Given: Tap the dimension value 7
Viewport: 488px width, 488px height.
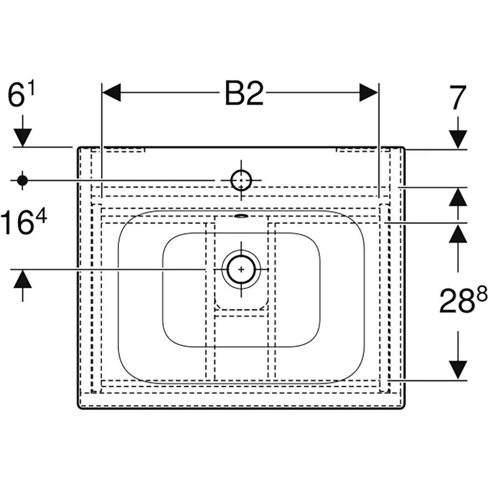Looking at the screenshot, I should pos(458,98).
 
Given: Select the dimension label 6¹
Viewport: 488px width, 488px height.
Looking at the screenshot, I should pos(23,96).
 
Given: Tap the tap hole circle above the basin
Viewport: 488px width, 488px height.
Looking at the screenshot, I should pos(241,180).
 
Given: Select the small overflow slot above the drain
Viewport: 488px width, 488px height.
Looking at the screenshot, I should pos(241,215).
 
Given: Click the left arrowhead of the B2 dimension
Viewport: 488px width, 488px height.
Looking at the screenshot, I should pos(111,93).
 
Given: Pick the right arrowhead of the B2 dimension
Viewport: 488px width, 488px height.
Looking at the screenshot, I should pos(368,93).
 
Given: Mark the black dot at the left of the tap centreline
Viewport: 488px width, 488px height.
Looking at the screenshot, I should pos(22,180).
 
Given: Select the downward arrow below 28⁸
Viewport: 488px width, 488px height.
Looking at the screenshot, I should pos(458,368).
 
